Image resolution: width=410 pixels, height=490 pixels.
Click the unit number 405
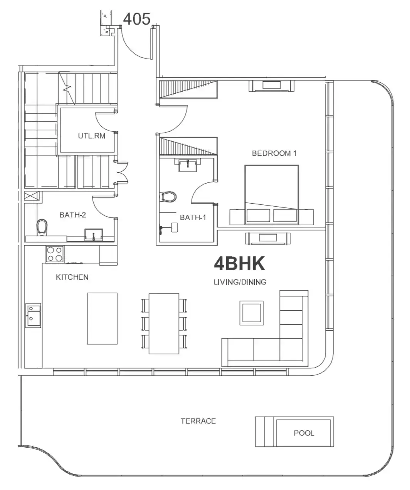click(137, 19)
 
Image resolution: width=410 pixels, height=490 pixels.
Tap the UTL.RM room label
click(92, 136)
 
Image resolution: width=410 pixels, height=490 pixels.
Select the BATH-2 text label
click(72, 215)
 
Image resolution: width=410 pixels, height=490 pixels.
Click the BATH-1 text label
click(193, 217)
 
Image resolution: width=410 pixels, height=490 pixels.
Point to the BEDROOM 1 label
click(274, 154)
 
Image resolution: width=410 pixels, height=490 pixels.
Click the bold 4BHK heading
click(239, 264)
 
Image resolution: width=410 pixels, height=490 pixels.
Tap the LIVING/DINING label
click(240, 282)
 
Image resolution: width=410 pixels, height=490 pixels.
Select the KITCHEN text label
click(72, 277)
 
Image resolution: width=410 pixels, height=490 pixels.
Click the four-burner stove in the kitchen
click(55, 254)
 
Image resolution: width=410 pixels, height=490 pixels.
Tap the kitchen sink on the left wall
click(33, 315)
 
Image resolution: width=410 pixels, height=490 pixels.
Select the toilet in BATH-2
click(42, 227)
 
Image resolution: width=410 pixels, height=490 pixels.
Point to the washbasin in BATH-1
click(188, 165)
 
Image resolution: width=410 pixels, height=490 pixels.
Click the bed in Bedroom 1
click(272, 194)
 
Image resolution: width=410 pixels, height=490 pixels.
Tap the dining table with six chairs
click(164, 324)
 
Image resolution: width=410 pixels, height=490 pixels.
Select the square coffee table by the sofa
click(251, 313)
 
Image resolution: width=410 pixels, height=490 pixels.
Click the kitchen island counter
click(102, 318)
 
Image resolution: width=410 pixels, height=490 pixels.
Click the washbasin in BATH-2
click(94, 235)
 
